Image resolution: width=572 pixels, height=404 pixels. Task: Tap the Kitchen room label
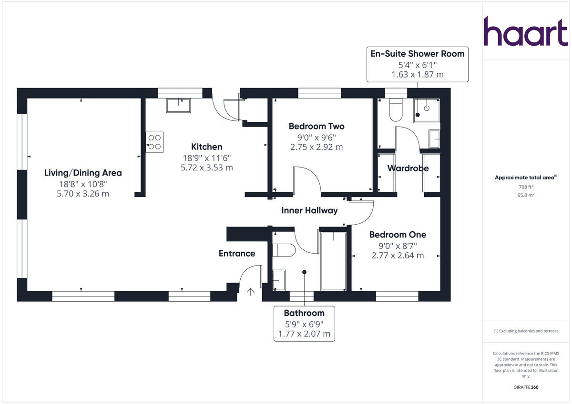tap(206, 147)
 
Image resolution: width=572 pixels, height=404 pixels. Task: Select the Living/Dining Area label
tap(83, 173)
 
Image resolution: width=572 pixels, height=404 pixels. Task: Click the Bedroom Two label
tap(317, 126)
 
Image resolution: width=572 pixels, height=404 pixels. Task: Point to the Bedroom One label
tap(398, 235)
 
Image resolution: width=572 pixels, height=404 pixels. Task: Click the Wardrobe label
tap(408, 168)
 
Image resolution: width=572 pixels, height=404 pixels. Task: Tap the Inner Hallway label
tap(309, 210)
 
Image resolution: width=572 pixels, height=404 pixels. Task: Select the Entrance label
tap(237, 253)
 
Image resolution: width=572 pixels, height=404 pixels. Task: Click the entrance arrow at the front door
tap(250, 291)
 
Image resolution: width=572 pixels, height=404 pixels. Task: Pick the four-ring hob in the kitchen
tap(155, 142)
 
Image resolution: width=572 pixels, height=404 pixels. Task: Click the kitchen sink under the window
tap(178, 105)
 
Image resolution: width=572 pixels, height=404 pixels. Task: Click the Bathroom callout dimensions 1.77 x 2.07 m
tap(304, 334)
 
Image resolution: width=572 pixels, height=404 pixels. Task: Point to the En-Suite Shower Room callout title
tap(417, 53)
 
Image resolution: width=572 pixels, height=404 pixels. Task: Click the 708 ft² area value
tap(520, 187)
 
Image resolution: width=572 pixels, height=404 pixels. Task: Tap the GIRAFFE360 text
tap(526, 387)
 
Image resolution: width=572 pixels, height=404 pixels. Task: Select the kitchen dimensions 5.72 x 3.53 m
tap(206, 168)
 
